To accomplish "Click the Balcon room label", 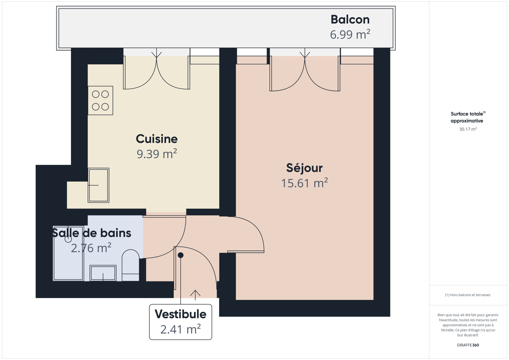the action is (350, 19).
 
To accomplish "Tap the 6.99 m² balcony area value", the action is (350, 34).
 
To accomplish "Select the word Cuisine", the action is (157, 139).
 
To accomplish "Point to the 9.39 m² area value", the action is (157, 154).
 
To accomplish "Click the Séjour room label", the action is (304, 168).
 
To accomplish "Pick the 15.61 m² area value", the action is (304, 183).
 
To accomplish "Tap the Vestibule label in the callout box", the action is (180, 314).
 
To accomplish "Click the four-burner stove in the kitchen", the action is (101, 101).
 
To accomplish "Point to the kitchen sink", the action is (98, 185).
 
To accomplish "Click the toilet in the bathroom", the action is (130, 265).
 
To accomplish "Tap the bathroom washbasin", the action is (103, 273).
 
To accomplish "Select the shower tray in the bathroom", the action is (68, 253).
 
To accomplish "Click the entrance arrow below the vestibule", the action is (195, 295).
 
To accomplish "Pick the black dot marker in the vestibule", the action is (180, 255).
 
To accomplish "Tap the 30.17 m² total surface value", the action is (468, 129).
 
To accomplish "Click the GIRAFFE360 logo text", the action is (468, 345).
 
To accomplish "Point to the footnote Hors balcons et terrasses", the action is (468, 295).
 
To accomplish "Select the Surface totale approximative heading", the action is (468, 117).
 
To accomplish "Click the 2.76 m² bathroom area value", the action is (91, 248).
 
